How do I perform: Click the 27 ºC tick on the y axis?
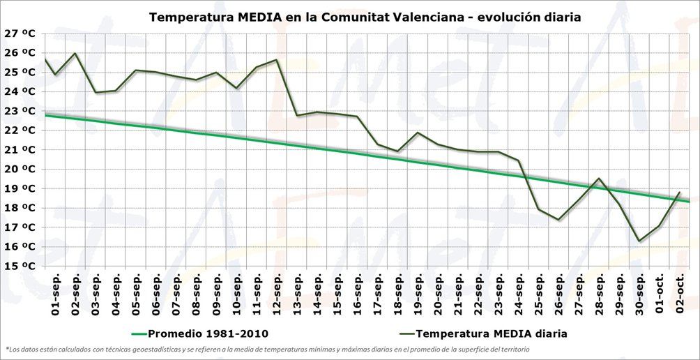coord(19,33)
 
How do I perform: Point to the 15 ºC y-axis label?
coord(19,266)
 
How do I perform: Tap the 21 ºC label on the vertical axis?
coord(19,149)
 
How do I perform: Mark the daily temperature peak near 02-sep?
coord(75,53)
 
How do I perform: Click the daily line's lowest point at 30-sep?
coord(639,241)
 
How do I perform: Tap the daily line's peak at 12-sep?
coord(277,59)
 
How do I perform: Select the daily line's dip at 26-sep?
coord(558,220)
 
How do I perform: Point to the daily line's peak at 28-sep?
coord(599,178)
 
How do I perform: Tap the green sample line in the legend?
coord(139,333)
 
